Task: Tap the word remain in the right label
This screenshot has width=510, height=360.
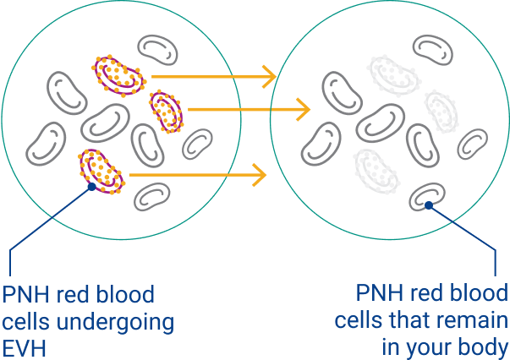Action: tap(474, 322)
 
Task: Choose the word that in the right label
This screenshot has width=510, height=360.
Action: tap(412, 322)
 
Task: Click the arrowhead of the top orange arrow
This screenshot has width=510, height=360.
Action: tap(270, 77)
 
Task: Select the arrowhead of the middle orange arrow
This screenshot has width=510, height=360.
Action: tap(302, 109)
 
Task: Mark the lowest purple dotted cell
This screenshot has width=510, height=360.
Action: tap(101, 168)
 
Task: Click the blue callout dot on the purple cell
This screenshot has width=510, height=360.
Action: tap(92, 188)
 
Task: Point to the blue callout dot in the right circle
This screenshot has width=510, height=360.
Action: tap(429, 205)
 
